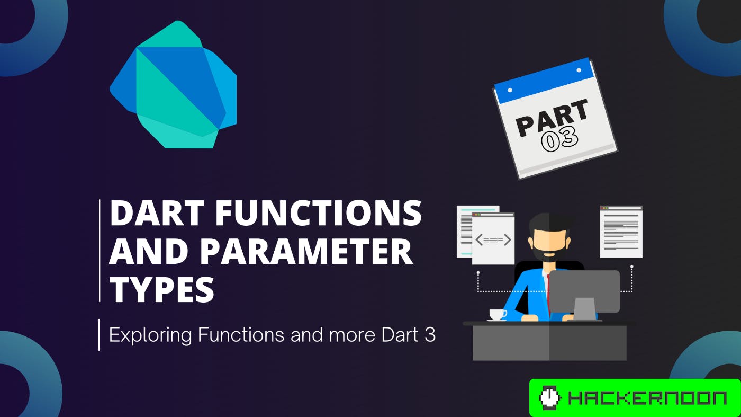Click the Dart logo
174,87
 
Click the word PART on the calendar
552,118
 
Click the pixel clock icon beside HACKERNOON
549,398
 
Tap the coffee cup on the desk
497,315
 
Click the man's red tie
549,291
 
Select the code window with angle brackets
493,239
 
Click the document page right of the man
621,232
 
